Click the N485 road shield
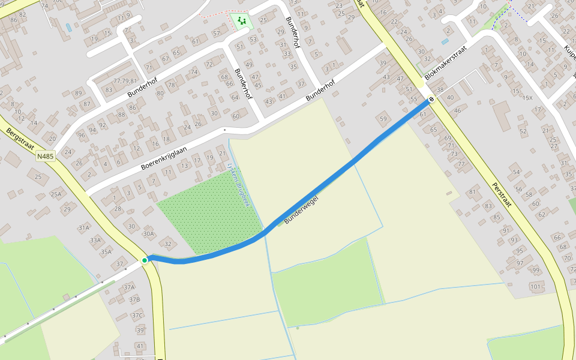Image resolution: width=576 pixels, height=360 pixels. point(45,157)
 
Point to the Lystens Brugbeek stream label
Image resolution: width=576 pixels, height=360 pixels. point(238,185)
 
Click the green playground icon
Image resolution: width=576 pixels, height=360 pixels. point(241,22)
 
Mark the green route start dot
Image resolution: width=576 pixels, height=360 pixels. point(145,260)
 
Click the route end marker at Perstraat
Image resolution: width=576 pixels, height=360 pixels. point(431,99)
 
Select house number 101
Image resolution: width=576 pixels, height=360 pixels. point(536,286)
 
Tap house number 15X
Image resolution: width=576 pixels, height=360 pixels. point(527,98)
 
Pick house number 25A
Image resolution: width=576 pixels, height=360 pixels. point(56,194)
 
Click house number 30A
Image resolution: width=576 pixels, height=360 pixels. point(148,234)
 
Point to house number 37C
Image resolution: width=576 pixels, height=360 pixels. point(137,315)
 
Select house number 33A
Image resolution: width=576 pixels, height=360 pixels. point(95,240)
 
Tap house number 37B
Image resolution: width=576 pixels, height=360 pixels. point(134,299)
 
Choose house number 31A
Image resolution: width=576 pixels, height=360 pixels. point(83,227)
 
